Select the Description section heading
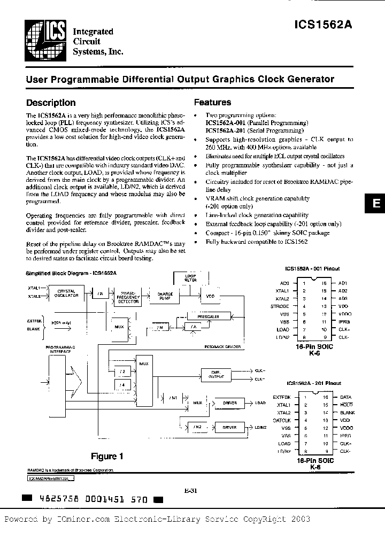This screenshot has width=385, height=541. pos(51,103)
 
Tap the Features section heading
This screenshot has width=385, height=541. pos(212,102)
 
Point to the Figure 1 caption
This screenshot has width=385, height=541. pos(107,456)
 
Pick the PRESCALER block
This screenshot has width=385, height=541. pos(208,316)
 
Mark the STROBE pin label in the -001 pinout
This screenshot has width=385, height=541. pos(280,306)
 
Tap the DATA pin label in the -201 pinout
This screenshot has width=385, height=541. pos(345,397)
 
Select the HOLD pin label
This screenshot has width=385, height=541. pos(345,405)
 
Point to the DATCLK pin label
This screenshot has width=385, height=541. pos(281,421)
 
